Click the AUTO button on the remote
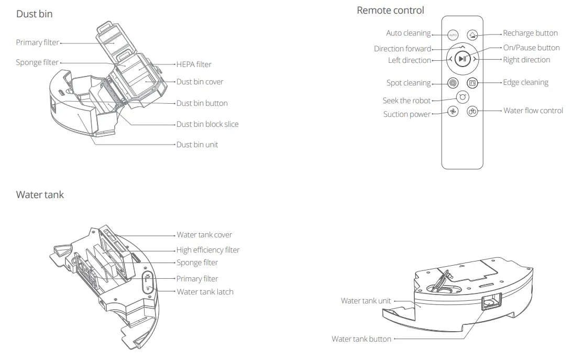click(453, 35)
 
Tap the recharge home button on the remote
click(472, 35)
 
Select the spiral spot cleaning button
click(453, 83)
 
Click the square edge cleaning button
click(472, 83)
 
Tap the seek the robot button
click(463, 97)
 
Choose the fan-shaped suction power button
click(453, 112)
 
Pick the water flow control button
click(472, 112)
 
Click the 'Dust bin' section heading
click(35, 14)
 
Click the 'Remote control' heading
click(390, 10)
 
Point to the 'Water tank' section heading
click(40, 195)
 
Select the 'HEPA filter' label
click(194, 64)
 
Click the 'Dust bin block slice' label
click(207, 124)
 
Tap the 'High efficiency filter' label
click(207, 250)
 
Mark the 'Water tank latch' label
click(205, 292)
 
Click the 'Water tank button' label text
click(361, 339)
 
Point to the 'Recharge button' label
click(530, 33)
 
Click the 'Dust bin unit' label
click(197, 145)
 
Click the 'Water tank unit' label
click(366, 301)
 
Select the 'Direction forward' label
click(402, 49)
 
